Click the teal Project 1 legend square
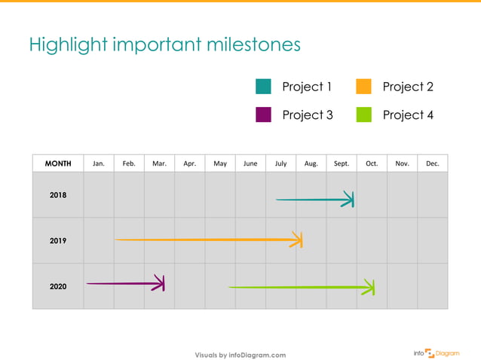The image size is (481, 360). point(263,87)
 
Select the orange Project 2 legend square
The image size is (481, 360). point(363,87)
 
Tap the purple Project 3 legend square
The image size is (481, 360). point(263,114)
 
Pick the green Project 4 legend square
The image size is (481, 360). point(363,114)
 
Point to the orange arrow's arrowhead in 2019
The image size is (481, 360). point(298,240)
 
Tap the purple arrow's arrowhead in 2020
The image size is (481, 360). point(160,283)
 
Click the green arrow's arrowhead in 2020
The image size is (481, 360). point(369,288)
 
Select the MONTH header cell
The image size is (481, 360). point(58,163)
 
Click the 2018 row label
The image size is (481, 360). point(58,195)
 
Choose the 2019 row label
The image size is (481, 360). point(58,241)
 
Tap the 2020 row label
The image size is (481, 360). point(58,286)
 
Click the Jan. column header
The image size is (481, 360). point(99,163)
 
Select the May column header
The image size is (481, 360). point(220,163)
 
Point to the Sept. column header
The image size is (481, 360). point(342,163)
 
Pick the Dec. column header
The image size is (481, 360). point(433,163)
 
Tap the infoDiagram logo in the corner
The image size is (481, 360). point(437,352)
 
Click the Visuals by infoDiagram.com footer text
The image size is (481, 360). point(240,355)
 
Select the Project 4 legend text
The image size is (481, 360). point(408,114)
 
